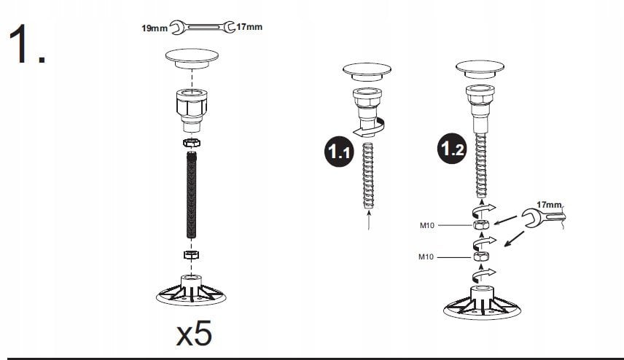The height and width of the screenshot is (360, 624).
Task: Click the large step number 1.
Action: (x=26, y=44)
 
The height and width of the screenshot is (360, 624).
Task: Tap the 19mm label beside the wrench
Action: (x=155, y=28)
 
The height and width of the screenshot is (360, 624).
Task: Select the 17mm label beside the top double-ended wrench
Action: (x=249, y=27)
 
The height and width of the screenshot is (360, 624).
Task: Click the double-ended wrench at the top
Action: (x=202, y=27)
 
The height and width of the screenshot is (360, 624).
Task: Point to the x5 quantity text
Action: (x=194, y=334)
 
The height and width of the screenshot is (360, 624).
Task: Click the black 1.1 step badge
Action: (x=339, y=152)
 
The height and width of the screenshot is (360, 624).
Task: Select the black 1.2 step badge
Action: (x=452, y=149)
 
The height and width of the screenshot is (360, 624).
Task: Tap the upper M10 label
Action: (x=427, y=226)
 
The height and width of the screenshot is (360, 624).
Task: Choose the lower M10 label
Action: (x=426, y=257)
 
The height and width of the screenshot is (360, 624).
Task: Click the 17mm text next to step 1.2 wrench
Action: (x=549, y=205)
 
